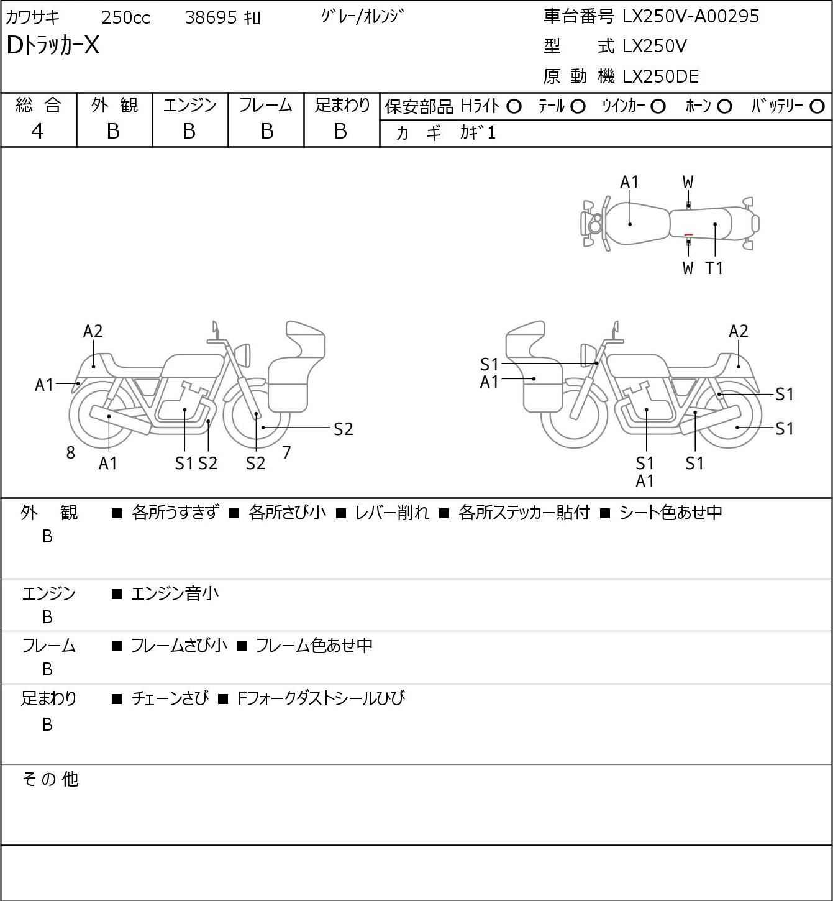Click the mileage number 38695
[x=211, y=17]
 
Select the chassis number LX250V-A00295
[x=691, y=16]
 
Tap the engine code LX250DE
[x=660, y=76]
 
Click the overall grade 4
[x=37, y=132]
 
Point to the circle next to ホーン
[x=724, y=107]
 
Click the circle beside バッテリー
[x=817, y=107]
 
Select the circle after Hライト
[x=514, y=107]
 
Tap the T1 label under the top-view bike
[x=714, y=268]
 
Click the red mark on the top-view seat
[x=688, y=234]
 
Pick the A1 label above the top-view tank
[x=629, y=183]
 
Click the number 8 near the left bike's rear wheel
[x=70, y=452]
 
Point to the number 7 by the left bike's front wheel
[x=286, y=452]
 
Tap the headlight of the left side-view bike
[x=243, y=355]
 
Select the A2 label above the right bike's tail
[x=738, y=331]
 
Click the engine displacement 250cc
[x=125, y=17]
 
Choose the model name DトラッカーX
[x=53, y=45]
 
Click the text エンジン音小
[x=175, y=593]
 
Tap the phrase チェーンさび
[x=170, y=698]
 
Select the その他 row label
[x=50, y=779]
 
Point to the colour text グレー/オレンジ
[x=362, y=17]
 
